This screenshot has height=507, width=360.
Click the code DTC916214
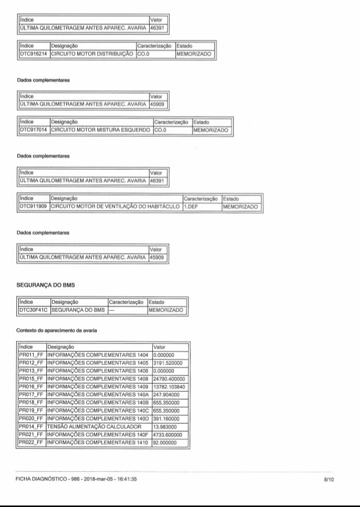(x=34, y=53)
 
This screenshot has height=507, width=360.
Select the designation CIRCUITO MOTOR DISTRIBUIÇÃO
(x=92, y=53)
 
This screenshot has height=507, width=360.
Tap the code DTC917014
(x=34, y=130)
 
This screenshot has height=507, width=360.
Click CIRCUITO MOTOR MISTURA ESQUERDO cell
(x=101, y=130)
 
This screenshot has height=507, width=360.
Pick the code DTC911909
(x=34, y=207)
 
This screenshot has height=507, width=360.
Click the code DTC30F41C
(x=34, y=310)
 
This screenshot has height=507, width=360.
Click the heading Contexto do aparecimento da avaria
(x=56, y=330)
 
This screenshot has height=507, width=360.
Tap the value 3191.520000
(x=167, y=362)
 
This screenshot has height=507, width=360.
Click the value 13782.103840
(x=168, y=386)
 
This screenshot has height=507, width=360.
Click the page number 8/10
(x=330, y=479)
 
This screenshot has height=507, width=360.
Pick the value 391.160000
(x=166, y=418)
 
